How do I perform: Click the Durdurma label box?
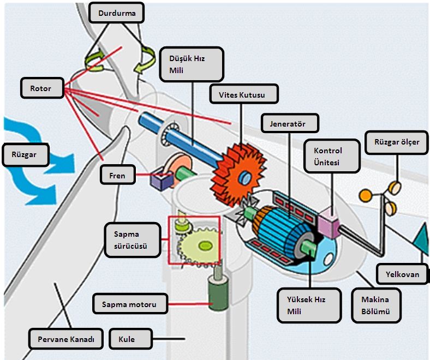point(117,13)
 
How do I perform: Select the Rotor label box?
point(42,88)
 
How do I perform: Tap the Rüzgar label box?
point(26,155)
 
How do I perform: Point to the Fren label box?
point(118,175)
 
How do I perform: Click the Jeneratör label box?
point(290,123)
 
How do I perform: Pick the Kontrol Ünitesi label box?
point(332,156)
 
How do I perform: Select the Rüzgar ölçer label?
point(397,142)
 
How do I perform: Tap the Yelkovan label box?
point(402,274)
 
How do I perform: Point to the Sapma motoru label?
point(130,304)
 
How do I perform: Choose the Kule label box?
point(130,339)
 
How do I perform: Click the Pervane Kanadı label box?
point(66,339)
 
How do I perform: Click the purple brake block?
point(162,179)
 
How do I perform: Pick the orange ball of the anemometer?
point(365,196)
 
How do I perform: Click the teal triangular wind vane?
point(421,238)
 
